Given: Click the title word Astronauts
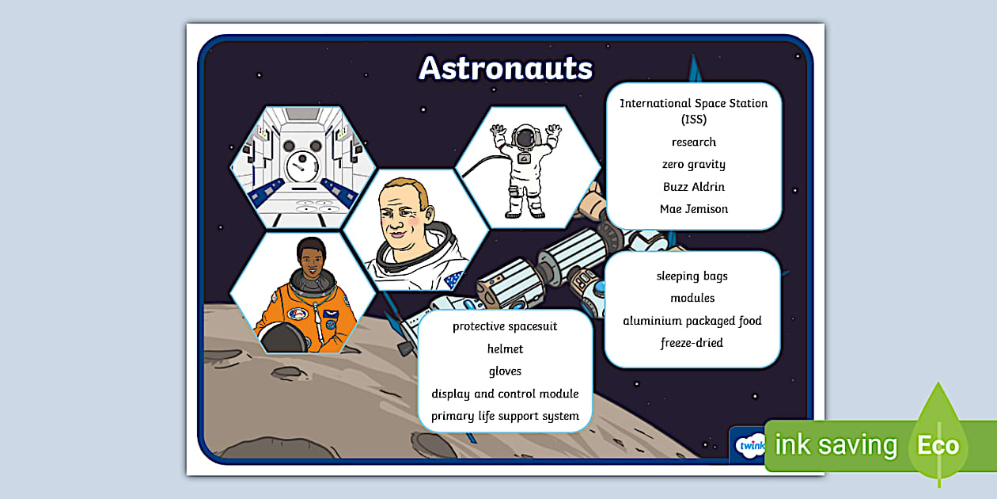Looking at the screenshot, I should pyautogui.click(x=506, y=68).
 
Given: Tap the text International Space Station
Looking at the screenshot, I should pyautogui.click(x=693, y=104).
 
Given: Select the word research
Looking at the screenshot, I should pyautogui.click(x=693, y=143).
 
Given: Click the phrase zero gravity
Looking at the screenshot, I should pyautogui.click(x=693, y=165).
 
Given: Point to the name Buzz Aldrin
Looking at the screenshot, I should pyautogui.click(x=693, y=187).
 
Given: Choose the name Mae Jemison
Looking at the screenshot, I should pyautogui.click(x=693, y=209).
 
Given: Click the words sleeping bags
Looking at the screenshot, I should pyautogui.click(x=692, y=276).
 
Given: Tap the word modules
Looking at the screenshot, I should pyautogui.click(x=692, y=299).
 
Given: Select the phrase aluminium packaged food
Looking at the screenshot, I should pyautogui.click(x=692, y=321).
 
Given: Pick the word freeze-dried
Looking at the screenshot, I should pyautogui.click(x=692, y=343).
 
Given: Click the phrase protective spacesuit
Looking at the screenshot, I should pyautogui.click(x=505, y=326).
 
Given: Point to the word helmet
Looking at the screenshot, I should pyautogui.click(x=505, y=349).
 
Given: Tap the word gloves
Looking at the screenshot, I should pyautogui.click(x=505, y=371).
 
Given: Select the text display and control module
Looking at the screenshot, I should pyautogui.click(x=505, y=394).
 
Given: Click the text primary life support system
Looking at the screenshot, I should pyautogui.click(x=505, y=416).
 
